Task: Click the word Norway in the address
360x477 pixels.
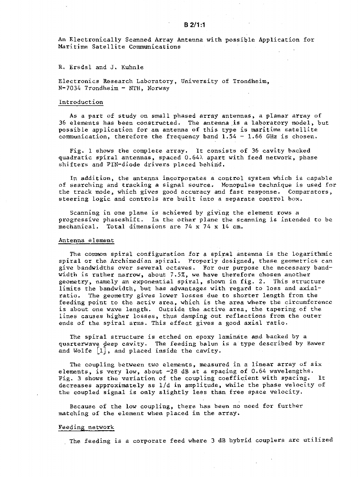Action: [158, 88]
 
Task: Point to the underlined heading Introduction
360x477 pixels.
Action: [81, 102]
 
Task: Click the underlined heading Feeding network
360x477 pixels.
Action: [86, 427]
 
